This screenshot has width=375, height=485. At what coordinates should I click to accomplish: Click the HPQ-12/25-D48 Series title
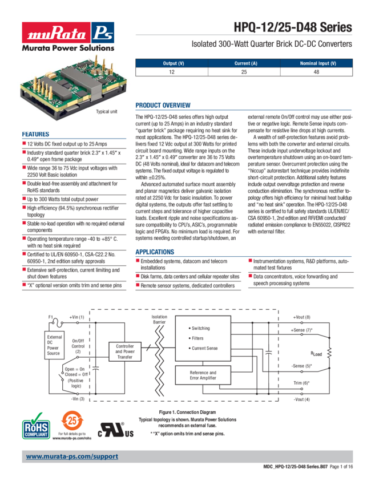tap(292, 27)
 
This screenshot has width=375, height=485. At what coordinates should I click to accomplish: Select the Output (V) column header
tap(174, 63)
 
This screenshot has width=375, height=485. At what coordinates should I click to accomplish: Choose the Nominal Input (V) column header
tap(317, 63)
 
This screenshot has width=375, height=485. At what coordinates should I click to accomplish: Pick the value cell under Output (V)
tap(174, 72)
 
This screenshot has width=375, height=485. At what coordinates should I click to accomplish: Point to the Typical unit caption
tap(106, 111)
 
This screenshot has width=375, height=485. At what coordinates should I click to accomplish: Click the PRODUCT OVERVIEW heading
tap(163, 106)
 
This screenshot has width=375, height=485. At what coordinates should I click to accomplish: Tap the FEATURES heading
tap(35, 135)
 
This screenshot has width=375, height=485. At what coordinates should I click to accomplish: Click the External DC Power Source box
tap(53, 345)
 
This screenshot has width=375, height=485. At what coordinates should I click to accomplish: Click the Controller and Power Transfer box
tap(124, 349)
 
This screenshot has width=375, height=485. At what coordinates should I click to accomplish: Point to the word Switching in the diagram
tap(201, 328)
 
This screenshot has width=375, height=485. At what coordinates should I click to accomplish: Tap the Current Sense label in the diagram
tap(204, 348)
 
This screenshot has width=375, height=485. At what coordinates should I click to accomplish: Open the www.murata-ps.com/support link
tap(72, 456)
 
